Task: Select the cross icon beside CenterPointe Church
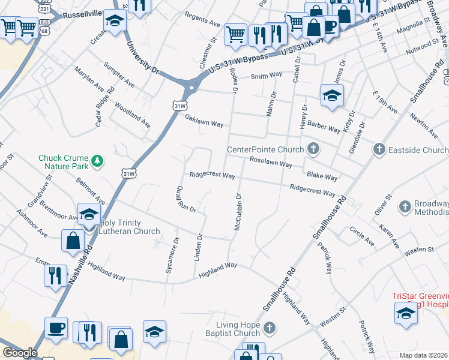(313, 148)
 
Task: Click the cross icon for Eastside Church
(379, 148)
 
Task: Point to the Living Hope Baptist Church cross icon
(270, 328)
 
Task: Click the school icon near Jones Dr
(331, 95)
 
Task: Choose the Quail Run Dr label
(185, 199)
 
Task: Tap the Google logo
(19, 353)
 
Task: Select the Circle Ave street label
(362, 236)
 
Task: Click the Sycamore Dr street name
(171, 256)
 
